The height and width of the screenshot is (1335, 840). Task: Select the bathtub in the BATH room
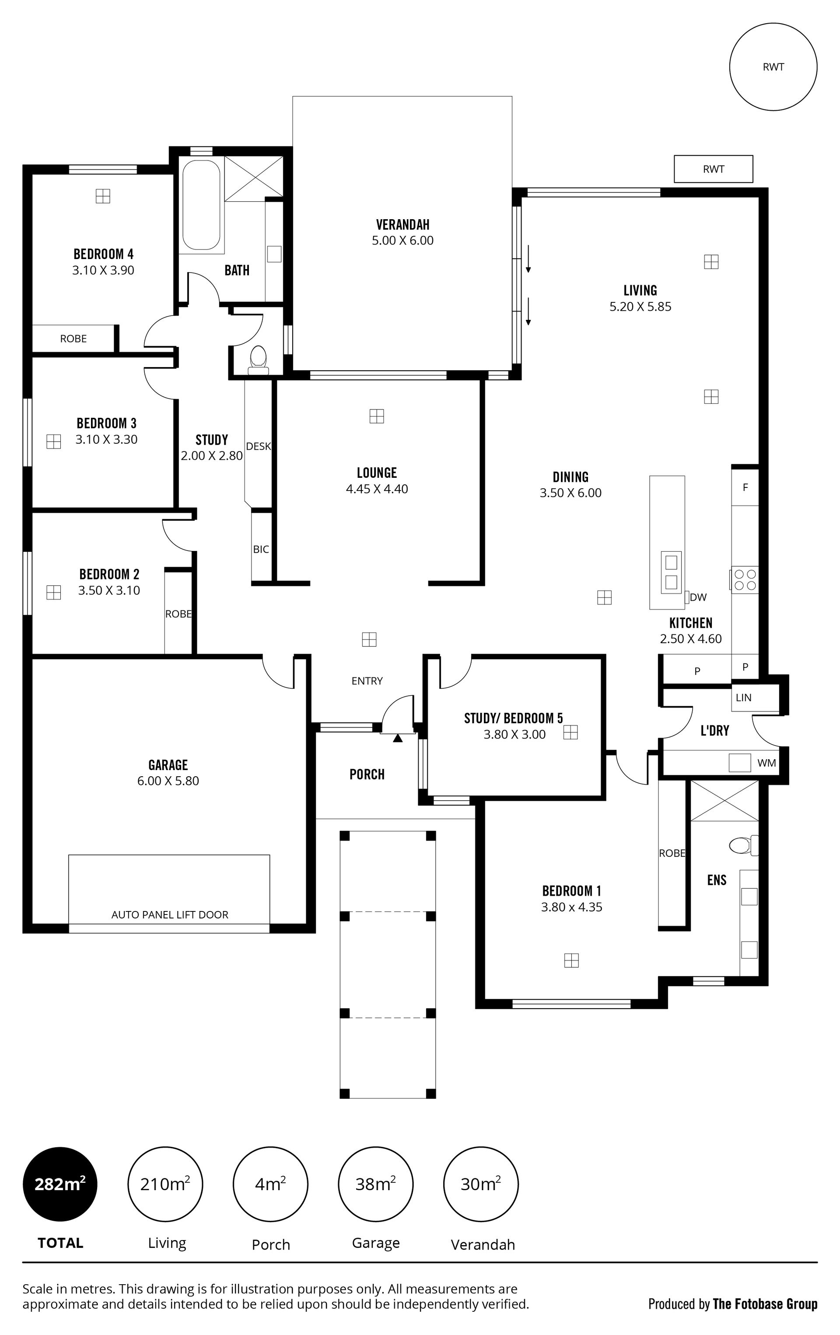[x=201, y=205]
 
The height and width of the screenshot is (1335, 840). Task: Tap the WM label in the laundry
[x=767, y=763]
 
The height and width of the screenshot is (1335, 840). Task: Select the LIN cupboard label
[x=743, y=697]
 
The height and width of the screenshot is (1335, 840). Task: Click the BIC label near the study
[x=261, y=549]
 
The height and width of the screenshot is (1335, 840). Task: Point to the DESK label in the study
[x=259, y=446]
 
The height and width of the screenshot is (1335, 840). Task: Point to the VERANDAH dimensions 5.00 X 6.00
[x=402, y=241]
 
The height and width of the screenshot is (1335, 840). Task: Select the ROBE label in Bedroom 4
[x=73, y=338]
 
